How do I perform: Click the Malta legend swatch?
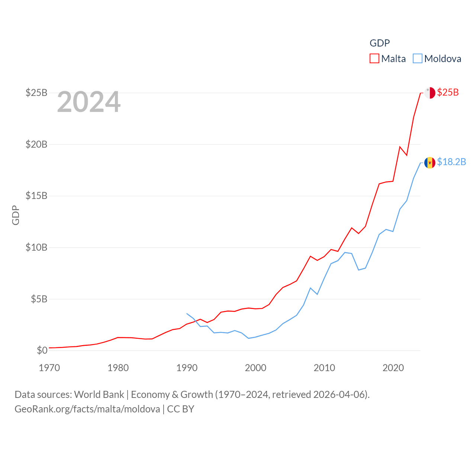click(x=374, y=59)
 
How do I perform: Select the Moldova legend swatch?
click(x=418, y=59)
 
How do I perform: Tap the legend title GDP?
click(x=379, y=43)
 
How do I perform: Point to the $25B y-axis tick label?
click(x=36, y=93)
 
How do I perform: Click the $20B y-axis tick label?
click(x=36, y=144)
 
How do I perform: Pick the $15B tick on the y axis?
click(x=36, y=196)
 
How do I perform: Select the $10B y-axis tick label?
click(x=36, y=247)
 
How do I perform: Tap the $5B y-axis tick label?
click(x=39, y=299)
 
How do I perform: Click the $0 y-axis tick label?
click(x=42, y=350)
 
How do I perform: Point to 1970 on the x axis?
click(x=49, y=368)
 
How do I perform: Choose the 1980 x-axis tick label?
click(x=118, y=368)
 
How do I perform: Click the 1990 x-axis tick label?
click(x=187, y=368)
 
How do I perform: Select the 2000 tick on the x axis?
click(x=256, y=368)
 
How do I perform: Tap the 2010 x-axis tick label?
click(x=324, y=368)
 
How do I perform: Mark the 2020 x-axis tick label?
click(x=393, y=368)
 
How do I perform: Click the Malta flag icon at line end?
click(x=430, y=93)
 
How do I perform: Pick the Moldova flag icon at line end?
click(x=430, y=163)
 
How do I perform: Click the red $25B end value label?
click(x=448, y=92)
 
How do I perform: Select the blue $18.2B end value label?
click(x=451, y=162)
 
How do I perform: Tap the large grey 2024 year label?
click(x=89, y=102)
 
